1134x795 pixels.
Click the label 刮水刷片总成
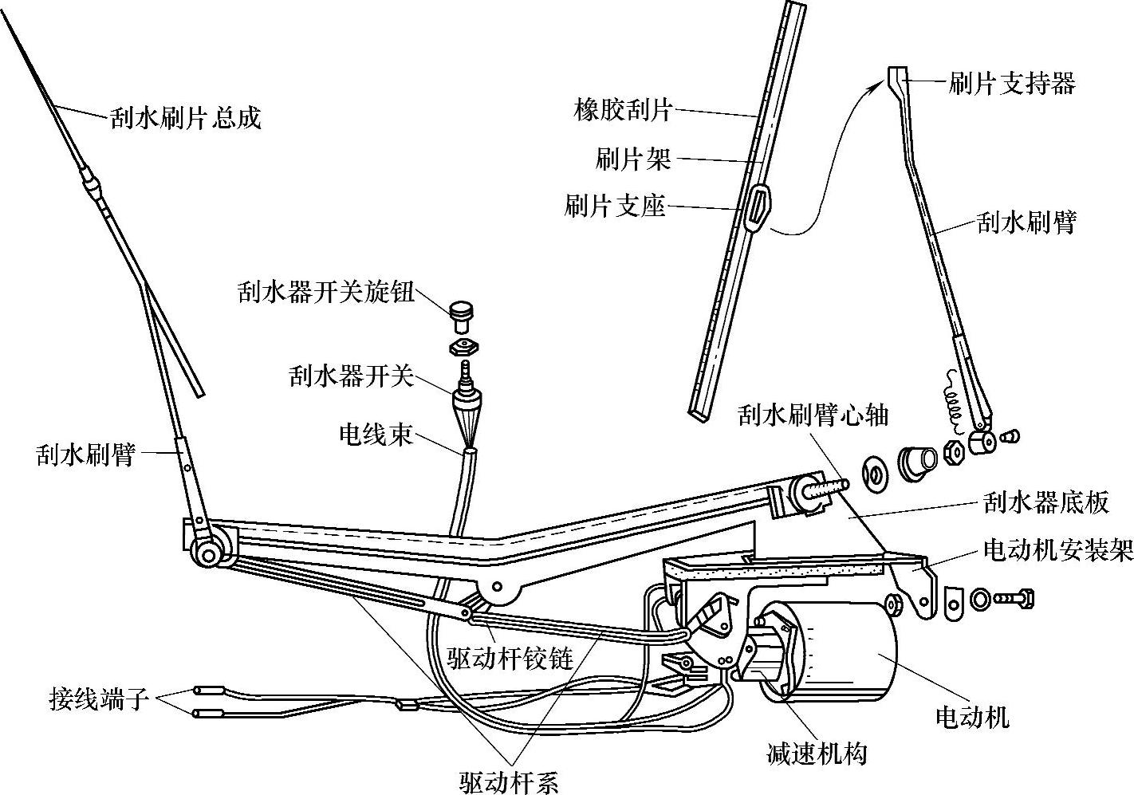pyautogui.click(x=185, y=119)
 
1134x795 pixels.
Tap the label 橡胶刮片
pyautogui.click(x=623, y=108)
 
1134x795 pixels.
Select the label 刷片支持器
pyautogui.click(x=1012, y=82)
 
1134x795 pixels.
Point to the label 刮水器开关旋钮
pyautogui.click(x=325, y=293)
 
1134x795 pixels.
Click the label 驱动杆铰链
pyautogui.click(x=510, y=659)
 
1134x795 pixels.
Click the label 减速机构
pyautogui.click(x=816, y=753)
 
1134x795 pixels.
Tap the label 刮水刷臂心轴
pyautogui.click(x=813, y=415)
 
